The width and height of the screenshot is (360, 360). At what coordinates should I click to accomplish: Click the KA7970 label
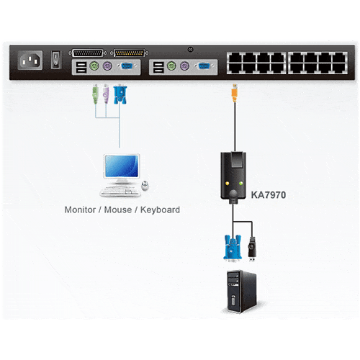point(269,195)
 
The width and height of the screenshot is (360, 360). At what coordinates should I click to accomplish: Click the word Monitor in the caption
point(80,210)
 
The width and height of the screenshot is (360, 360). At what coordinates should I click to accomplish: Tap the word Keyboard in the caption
point(160,210)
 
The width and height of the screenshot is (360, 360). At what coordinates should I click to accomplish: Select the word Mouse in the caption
point(118,210)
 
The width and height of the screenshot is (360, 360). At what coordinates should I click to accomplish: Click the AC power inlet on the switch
point(30,60)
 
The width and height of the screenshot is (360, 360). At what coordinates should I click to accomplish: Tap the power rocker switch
point(55,60)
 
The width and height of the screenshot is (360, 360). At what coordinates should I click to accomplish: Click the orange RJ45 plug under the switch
point(235,93)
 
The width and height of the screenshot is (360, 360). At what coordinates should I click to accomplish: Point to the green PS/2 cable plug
point(96,94)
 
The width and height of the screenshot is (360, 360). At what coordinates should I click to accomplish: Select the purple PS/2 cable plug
point(106,94)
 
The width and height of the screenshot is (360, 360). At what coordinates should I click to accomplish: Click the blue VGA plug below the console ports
point(120,94)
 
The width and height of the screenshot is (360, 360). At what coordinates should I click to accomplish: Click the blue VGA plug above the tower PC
point(233,248)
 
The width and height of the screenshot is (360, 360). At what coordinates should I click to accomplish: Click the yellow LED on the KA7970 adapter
point(227,184)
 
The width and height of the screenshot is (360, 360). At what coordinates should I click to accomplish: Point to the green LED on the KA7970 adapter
point(240,184)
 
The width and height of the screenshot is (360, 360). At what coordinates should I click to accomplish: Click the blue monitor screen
point(122,166)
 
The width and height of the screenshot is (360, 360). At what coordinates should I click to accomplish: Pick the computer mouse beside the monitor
point(145,186)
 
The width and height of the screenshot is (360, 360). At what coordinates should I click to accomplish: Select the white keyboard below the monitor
point(120,192)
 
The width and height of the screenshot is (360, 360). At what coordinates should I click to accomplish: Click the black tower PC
point(242,292)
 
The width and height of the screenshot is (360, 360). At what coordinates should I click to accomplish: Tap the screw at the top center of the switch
point(190,50)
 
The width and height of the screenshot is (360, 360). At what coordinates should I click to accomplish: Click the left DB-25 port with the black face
point(88,53)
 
